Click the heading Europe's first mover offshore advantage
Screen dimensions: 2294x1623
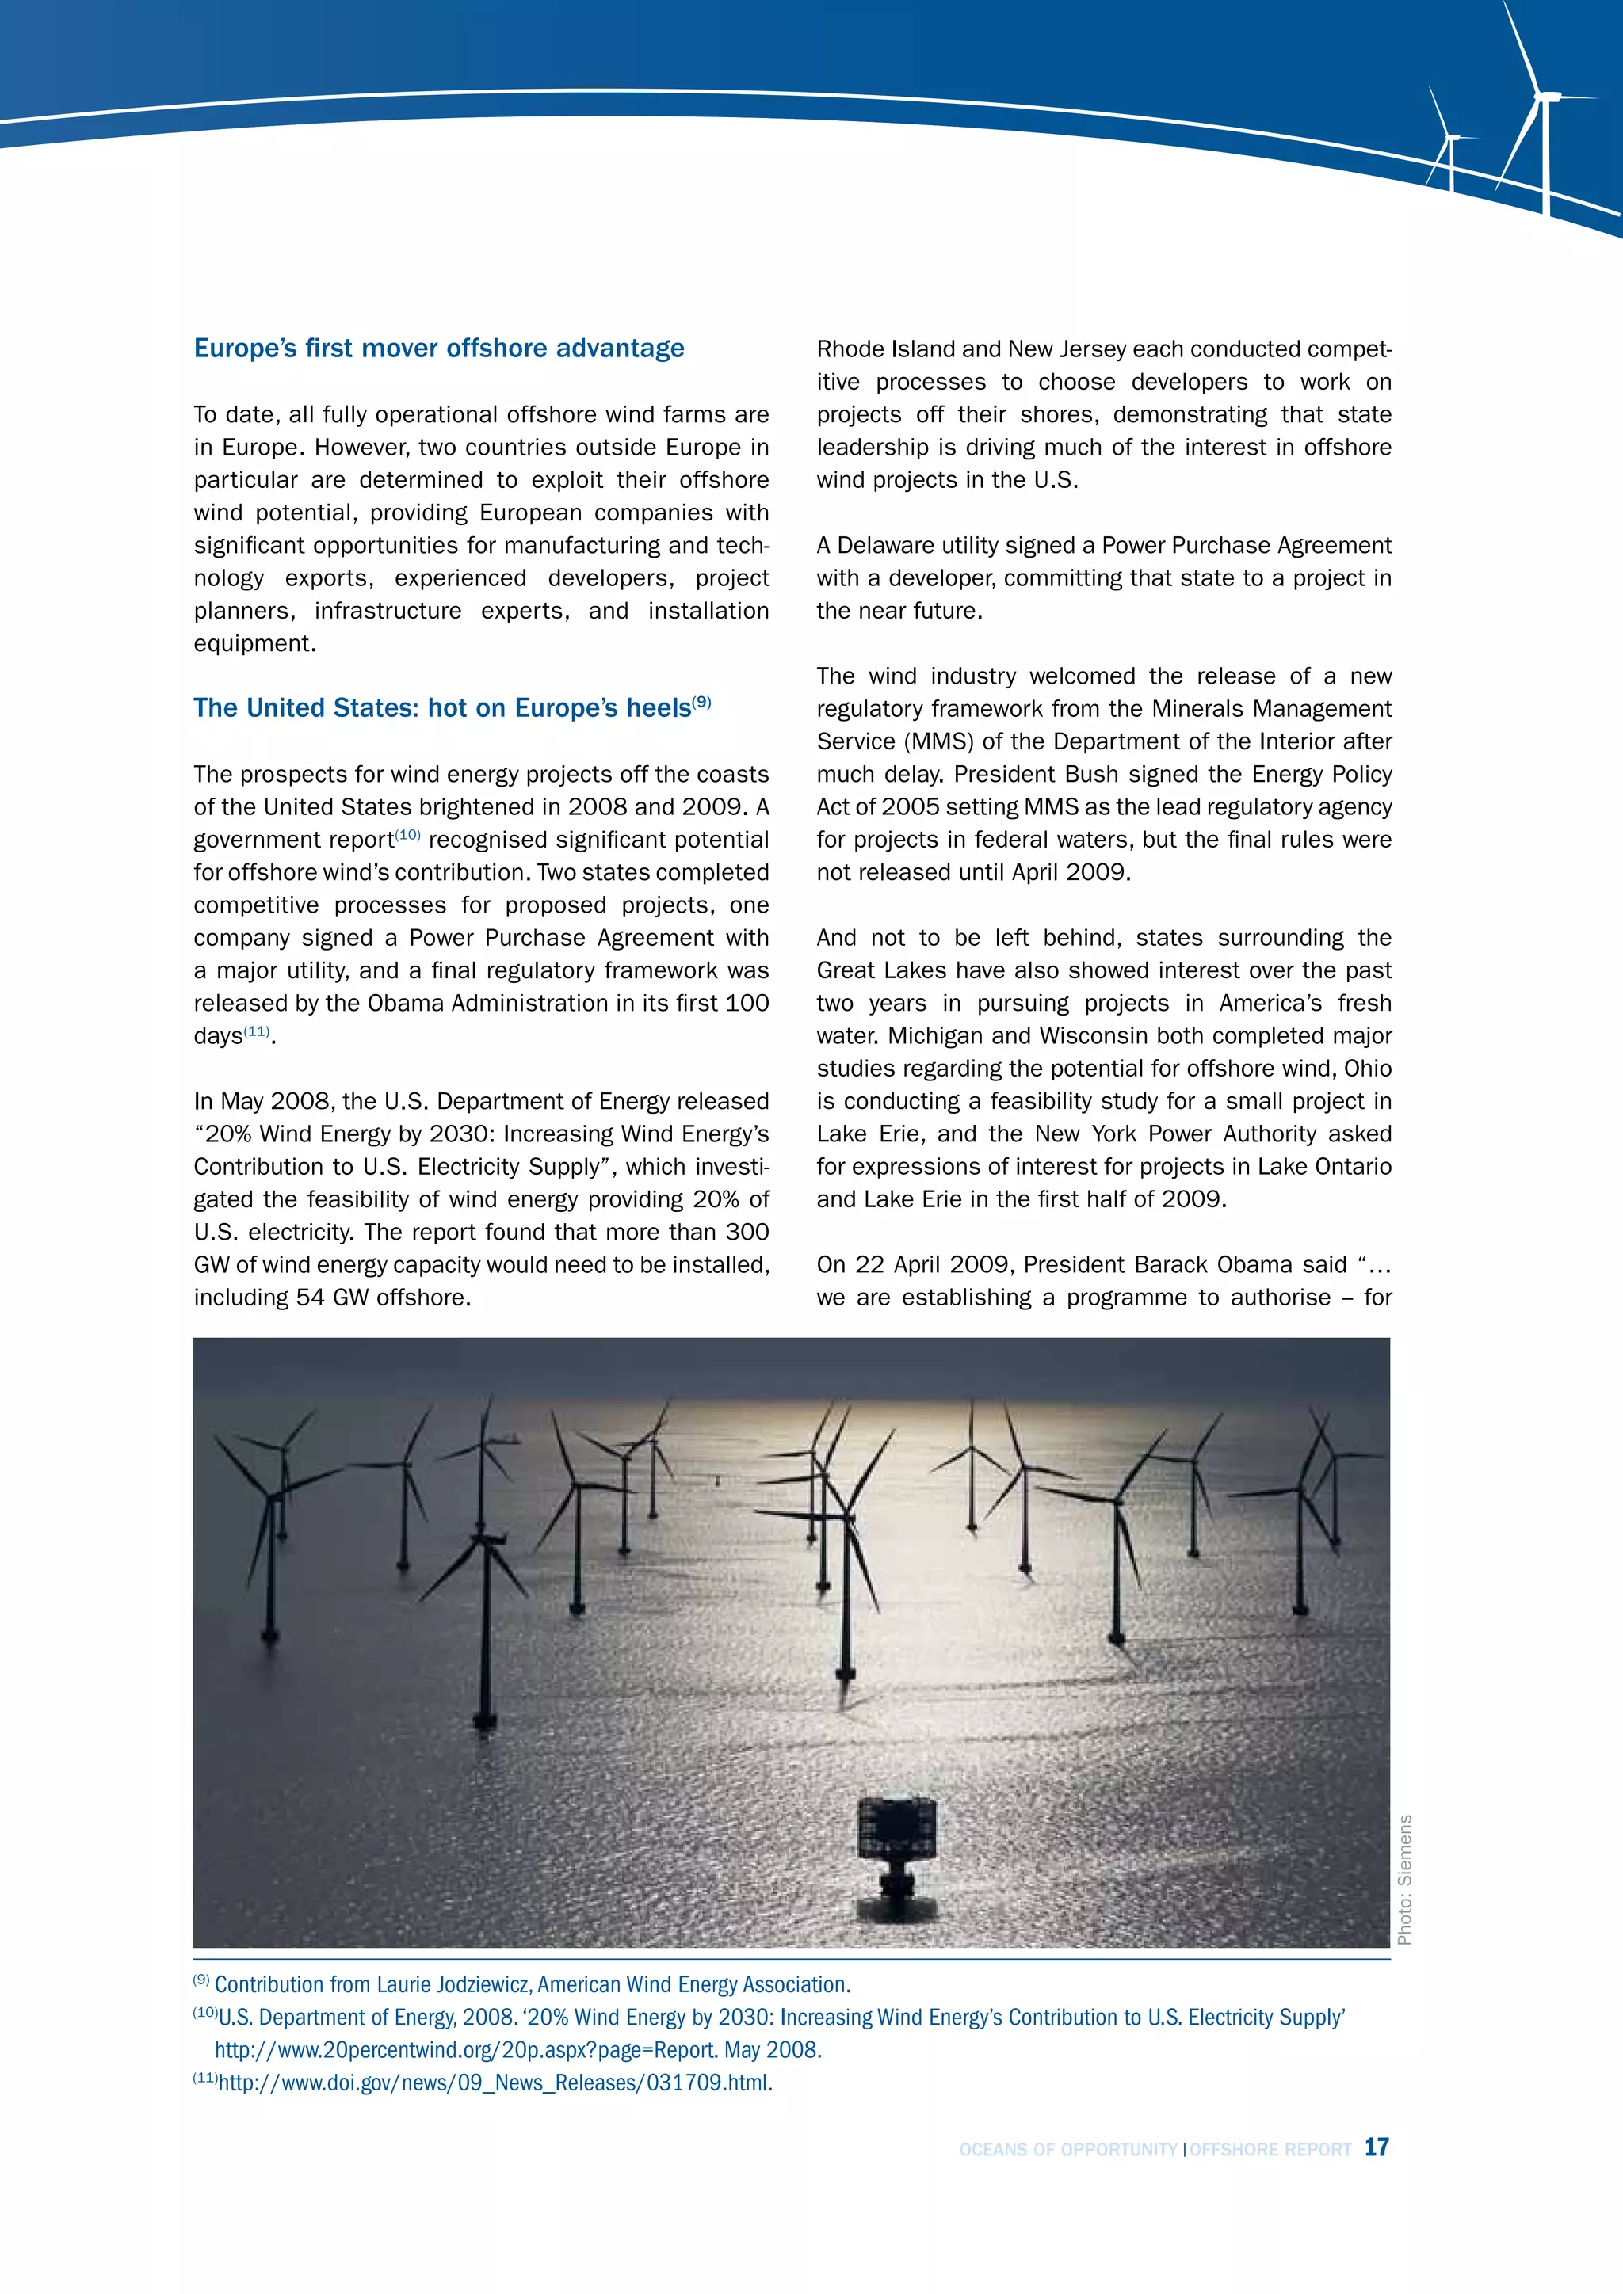[x=439, y=349]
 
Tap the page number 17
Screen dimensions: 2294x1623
[x=1377, y=2147]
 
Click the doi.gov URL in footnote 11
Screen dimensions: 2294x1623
[x=495, y=2083]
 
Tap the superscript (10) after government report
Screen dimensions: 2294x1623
[x=408, y=834]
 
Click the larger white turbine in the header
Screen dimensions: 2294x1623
[x=1545, y=110]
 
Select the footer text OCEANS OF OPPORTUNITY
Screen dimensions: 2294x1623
[x=1067, y=2150]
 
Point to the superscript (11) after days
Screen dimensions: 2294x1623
[x=257, y=1031]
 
